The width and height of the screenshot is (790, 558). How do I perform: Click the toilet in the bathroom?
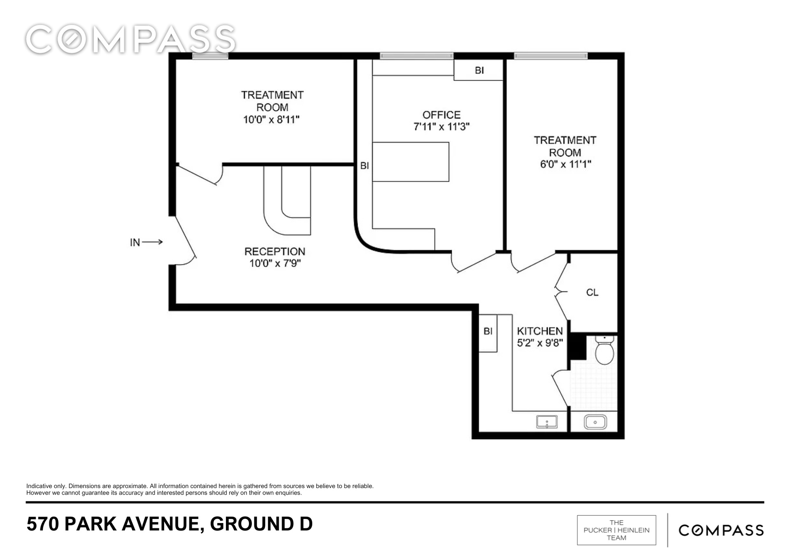coord(604,350)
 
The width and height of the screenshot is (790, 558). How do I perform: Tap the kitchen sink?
coord(547,422)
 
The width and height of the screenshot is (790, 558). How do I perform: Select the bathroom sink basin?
coord(595,422)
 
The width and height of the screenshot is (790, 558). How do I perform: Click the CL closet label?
coord(592,293)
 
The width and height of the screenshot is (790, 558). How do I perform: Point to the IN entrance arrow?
coord(152,242)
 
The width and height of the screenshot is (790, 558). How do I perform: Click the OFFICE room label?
coord(441,115)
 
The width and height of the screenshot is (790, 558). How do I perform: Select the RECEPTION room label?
coord(275,251)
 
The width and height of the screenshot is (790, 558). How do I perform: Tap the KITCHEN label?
coord(540,331)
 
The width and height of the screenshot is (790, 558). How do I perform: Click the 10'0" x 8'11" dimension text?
coord(271,120)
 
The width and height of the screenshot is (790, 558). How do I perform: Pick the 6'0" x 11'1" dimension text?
coord(565,164)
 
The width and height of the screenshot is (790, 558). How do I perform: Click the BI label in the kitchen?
coord(488,331)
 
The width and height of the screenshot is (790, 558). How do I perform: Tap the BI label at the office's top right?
coord(479,70)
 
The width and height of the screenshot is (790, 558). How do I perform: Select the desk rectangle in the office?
coord(411,162)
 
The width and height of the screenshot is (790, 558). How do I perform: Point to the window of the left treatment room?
coord(210,56)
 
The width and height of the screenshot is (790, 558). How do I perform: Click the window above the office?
coord(416,56)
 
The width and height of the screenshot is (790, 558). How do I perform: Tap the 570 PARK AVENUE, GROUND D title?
coord(170,524)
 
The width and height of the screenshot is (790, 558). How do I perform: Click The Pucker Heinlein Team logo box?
coord(616,530)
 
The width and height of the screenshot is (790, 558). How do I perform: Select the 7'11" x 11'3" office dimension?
coord(441,126)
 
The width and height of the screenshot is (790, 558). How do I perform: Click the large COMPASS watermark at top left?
coord(130,40)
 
